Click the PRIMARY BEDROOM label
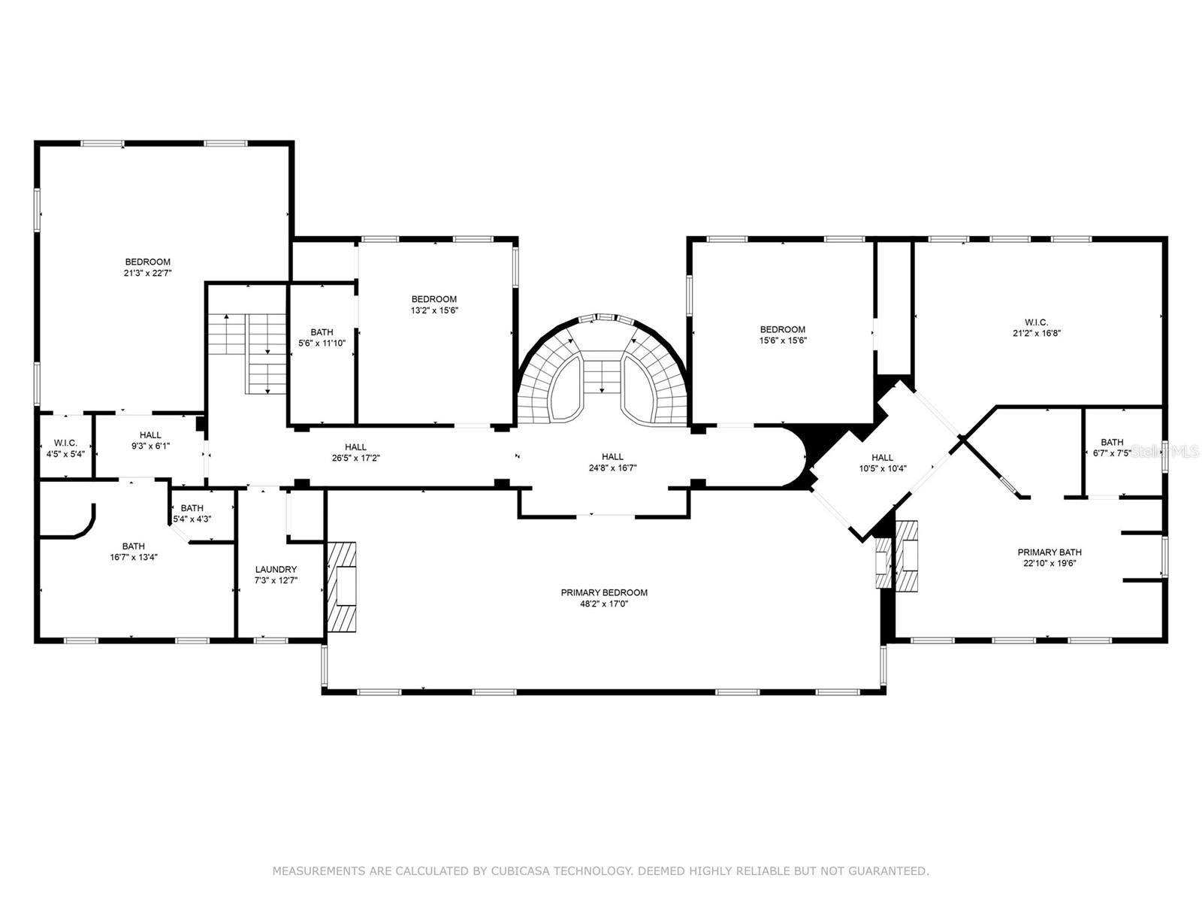pos(604,592)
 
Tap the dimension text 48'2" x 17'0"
pos(604,604)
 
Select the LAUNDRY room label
pos(276,570)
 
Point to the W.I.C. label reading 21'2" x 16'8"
pos(1036,322)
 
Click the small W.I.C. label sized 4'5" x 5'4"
pos(65,443)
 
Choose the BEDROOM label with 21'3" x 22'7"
pos(148,262)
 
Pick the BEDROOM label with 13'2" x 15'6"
pos(434,299)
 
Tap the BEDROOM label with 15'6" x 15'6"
pos(782,329)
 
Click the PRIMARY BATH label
pos(1049,552)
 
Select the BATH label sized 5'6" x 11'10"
pos(322,332)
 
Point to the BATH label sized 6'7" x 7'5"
pos(1112,442)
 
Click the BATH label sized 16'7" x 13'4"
pos(134,546)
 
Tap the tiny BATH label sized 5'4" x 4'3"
pos(192,508)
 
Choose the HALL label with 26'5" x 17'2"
pos(355,447)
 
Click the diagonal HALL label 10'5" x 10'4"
pos(882,458)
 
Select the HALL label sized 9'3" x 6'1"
pos(150,434)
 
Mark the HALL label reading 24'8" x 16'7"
pos(612,456)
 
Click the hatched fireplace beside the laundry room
pos(343,586)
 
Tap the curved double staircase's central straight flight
pos(601,376)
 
